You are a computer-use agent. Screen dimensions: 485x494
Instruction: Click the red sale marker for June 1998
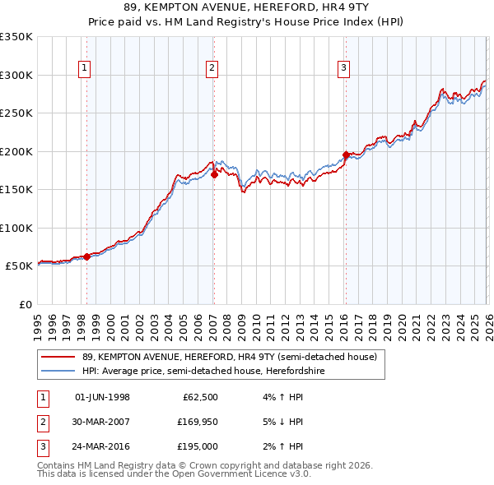coord(86,256)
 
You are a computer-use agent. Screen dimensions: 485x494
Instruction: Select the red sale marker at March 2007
coord(214,174)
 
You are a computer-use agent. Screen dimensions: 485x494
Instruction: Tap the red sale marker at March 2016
coord(345,155)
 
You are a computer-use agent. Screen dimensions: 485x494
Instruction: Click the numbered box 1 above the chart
coord(86,68)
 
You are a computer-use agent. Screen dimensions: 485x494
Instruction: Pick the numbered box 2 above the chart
coord(212,68)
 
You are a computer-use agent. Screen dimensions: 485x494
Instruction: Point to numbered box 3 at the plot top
coord(343,68)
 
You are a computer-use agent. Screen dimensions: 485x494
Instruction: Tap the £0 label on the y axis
coord(23,304)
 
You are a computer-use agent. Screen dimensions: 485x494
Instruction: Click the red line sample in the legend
coord(57,357)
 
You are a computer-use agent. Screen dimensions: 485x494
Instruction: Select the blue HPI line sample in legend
coord(57,371)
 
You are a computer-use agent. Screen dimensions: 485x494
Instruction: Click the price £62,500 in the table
coord(200,398)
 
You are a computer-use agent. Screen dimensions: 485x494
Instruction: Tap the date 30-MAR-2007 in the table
coord(102,422)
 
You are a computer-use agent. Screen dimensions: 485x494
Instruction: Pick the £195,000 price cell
coord(198,446)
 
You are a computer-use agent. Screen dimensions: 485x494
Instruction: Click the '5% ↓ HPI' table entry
coord(282,422)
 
